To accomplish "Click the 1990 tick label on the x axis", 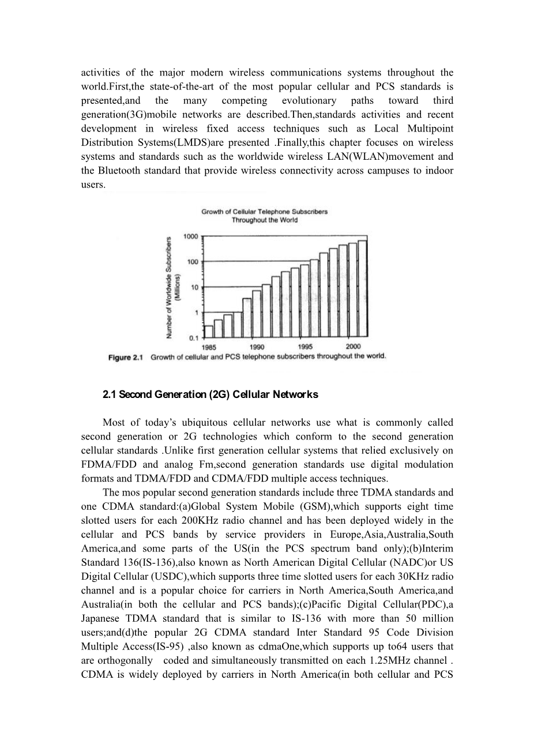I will click(257, 347).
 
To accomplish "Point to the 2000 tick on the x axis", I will click(354, 346).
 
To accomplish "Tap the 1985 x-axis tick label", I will click(209, 347).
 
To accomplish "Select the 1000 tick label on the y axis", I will click(190, 236).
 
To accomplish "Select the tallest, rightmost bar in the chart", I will click(362, 288).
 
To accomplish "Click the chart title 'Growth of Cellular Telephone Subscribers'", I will click(264, 212).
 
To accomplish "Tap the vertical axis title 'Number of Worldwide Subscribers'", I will click(170, 287).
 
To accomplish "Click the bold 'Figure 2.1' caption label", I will click(125, 358).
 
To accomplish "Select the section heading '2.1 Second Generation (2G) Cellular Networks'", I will click(210, 395).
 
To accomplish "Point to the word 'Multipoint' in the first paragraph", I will click(431, 129).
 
